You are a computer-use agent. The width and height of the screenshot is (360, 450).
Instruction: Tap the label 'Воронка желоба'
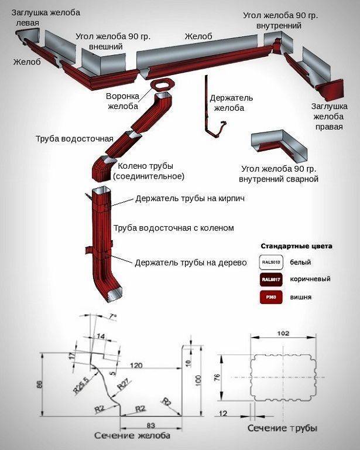[x=122, y=101]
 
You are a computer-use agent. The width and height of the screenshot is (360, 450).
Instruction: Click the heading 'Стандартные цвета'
[x=296, y=246]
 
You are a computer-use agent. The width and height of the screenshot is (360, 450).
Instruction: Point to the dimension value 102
[x=283, y=334]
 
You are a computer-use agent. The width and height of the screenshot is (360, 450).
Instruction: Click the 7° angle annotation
[x=112, y=317]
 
